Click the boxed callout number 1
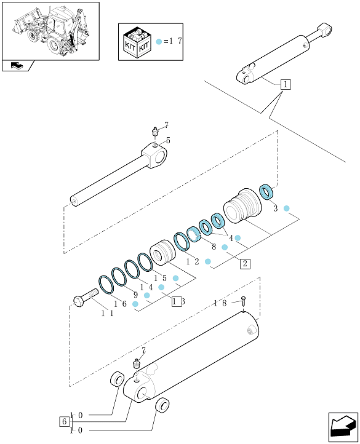[x=286, y=84]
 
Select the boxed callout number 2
[x=245, y=264]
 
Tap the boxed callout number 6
[x=64, y=422]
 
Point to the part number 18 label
[x=220, y=303]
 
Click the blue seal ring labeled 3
[x=266, y=191]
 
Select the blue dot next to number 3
[x=287, y=208]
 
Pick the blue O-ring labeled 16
[x=106, y=285]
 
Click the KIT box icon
[x=137, y=42]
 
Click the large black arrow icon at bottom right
[x=343, y=427]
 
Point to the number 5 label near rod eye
[x=168, y=140]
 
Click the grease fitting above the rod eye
[x=155, y=132]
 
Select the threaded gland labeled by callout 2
[x=242, y=206]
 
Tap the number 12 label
[x=193, y=261]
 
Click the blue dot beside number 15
[x=176, y=278]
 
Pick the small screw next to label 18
[x=243, y=301]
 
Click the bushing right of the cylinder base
[x=162, y=405]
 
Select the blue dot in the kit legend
[x=159, y=42]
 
